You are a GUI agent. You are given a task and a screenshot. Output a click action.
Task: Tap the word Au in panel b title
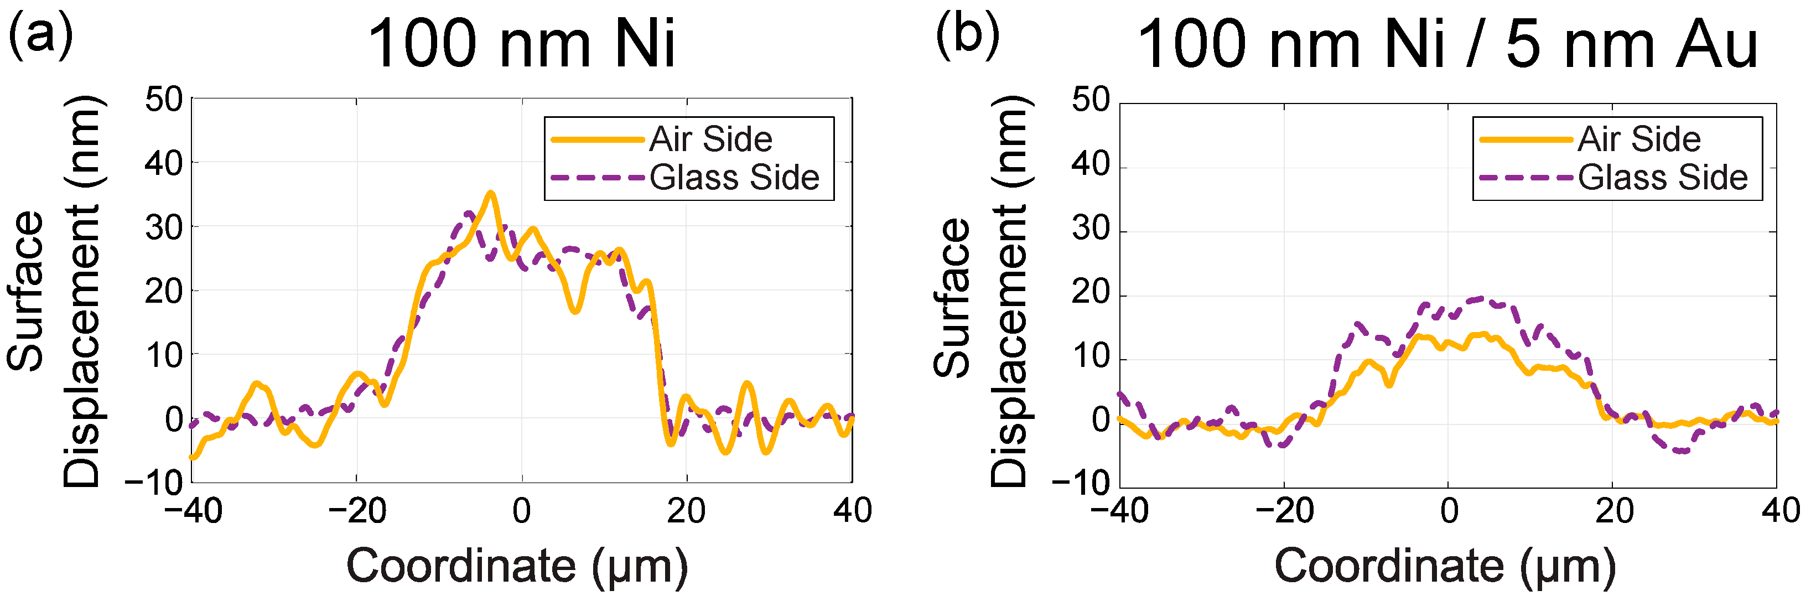coord(1715,44)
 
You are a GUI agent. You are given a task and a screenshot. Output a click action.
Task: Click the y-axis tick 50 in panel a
coord(163,99)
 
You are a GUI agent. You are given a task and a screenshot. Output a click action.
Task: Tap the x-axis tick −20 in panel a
coord(357,511)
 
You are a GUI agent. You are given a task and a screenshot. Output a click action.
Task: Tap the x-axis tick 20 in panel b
coord(1614,511)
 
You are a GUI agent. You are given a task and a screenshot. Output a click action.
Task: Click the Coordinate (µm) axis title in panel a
coord(517,566)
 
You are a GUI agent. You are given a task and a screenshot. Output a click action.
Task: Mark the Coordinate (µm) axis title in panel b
coord(1445,566)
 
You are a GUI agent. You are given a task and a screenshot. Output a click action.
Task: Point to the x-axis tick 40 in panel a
coord(852,511)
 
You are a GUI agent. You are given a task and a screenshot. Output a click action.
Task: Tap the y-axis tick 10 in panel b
coord(1091,356)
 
